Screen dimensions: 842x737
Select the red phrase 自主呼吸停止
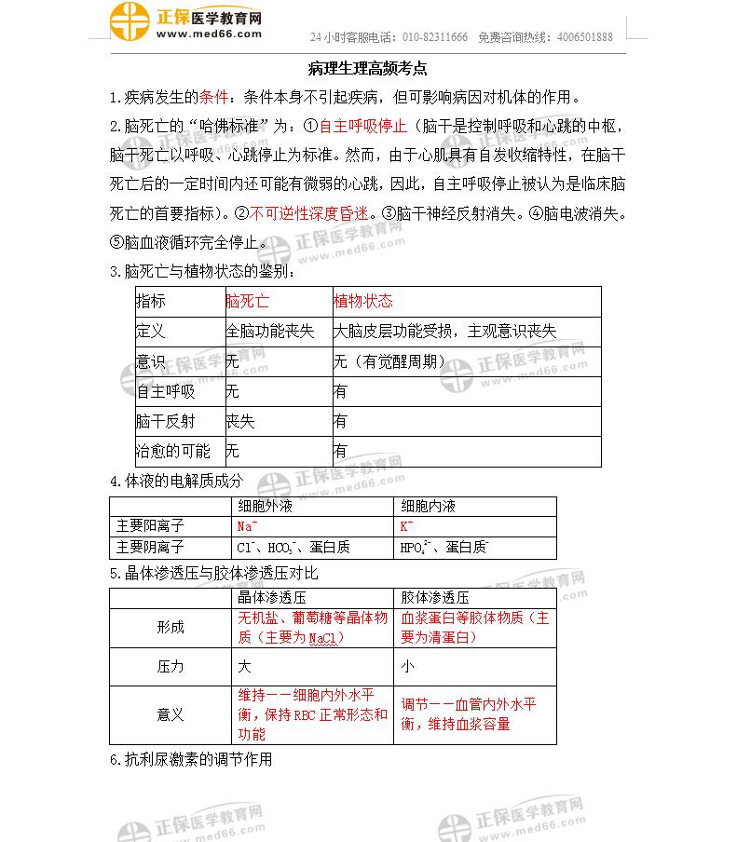pyautogui.click(x=363, y=125)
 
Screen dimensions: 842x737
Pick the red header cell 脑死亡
pyautogui.click(x=248, y=301)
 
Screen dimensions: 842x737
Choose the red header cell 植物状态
pyautogui.click(x=363, y=301)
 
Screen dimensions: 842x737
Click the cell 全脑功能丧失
pyautogui.click(x=270, y=331)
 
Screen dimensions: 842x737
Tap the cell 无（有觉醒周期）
pyautogui.click(x=389, y=361)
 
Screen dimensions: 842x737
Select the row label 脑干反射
pyautogui.click(x=166, y=421)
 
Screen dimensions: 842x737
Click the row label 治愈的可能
pyautogui.click(x=173, y=451)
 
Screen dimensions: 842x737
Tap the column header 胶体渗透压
pyautogui.click(x=435, y=597)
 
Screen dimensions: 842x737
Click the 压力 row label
pyautogui.click(x=171, y=667)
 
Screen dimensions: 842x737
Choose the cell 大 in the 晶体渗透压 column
pyautogui.click(x=245, y=667)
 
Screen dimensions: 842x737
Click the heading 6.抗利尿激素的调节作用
pyautogui.click(x=191, y=759)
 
